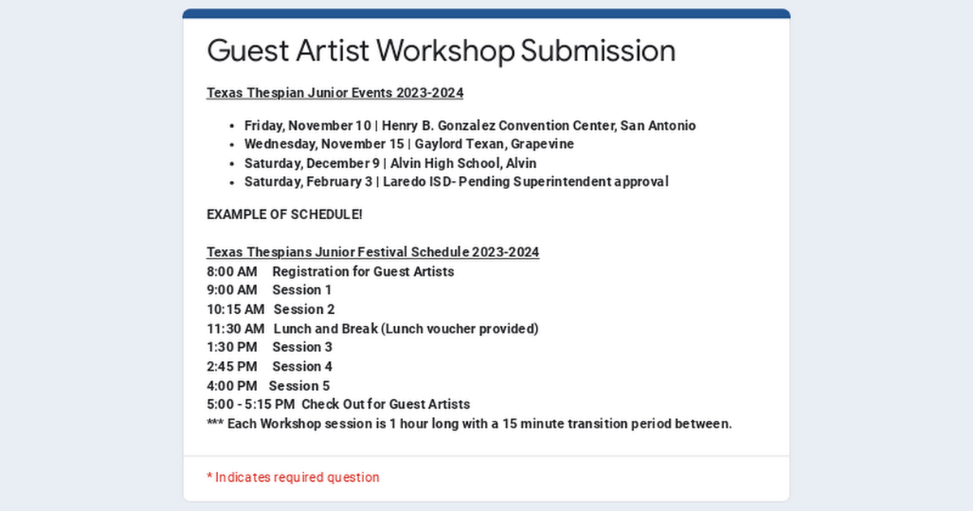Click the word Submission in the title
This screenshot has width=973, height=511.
click(598, 50)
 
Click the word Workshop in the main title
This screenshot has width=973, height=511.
click(446, 51)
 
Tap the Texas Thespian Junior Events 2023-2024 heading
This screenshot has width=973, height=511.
click(335, 93)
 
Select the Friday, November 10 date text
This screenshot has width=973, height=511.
click(307, 126)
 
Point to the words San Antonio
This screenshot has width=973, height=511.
click(658, 126)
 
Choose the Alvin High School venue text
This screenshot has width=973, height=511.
click(446, 163)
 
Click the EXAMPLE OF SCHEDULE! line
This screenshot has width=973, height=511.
click(285, 215)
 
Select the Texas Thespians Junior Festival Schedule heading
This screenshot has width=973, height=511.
click(373, 252)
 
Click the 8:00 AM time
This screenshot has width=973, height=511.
click(232, 272)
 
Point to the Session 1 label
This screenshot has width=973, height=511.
click(302, 290)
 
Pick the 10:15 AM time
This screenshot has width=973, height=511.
click(235, 309)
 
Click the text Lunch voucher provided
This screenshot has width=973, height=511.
click(460, 329)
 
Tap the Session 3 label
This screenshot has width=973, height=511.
click(302, 347)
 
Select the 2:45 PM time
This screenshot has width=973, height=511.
click(232, 367)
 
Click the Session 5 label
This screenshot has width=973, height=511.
click(299, 386)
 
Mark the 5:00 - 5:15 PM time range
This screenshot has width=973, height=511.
click(251, 405)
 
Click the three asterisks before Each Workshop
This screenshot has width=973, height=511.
click(215, 423)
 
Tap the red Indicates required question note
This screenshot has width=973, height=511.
click(294, 478)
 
